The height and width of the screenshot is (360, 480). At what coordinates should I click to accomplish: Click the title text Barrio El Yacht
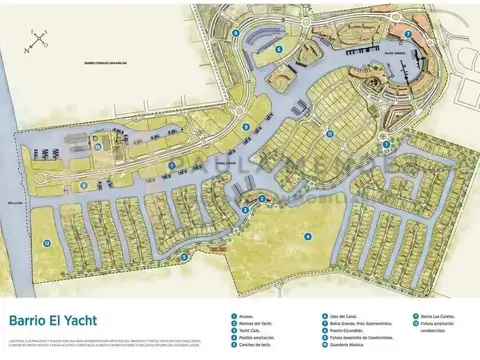tap(59, 321)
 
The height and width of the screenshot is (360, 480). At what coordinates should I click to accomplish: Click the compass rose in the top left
tap(38, 40)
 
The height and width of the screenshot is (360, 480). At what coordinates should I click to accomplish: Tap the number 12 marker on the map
tap(46, 242)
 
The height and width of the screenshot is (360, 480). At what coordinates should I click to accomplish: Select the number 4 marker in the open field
tap(308, 237)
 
